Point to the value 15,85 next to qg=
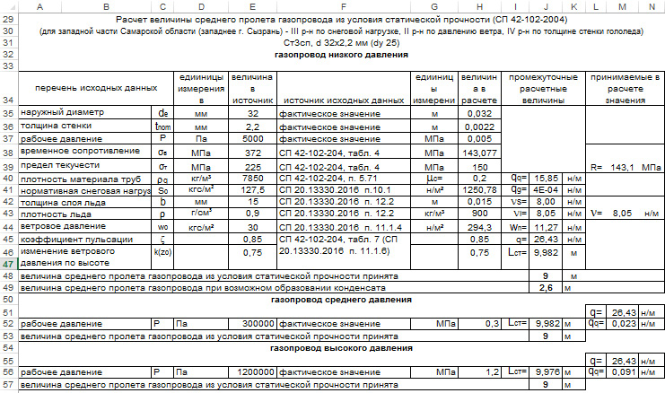(546, 178)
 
